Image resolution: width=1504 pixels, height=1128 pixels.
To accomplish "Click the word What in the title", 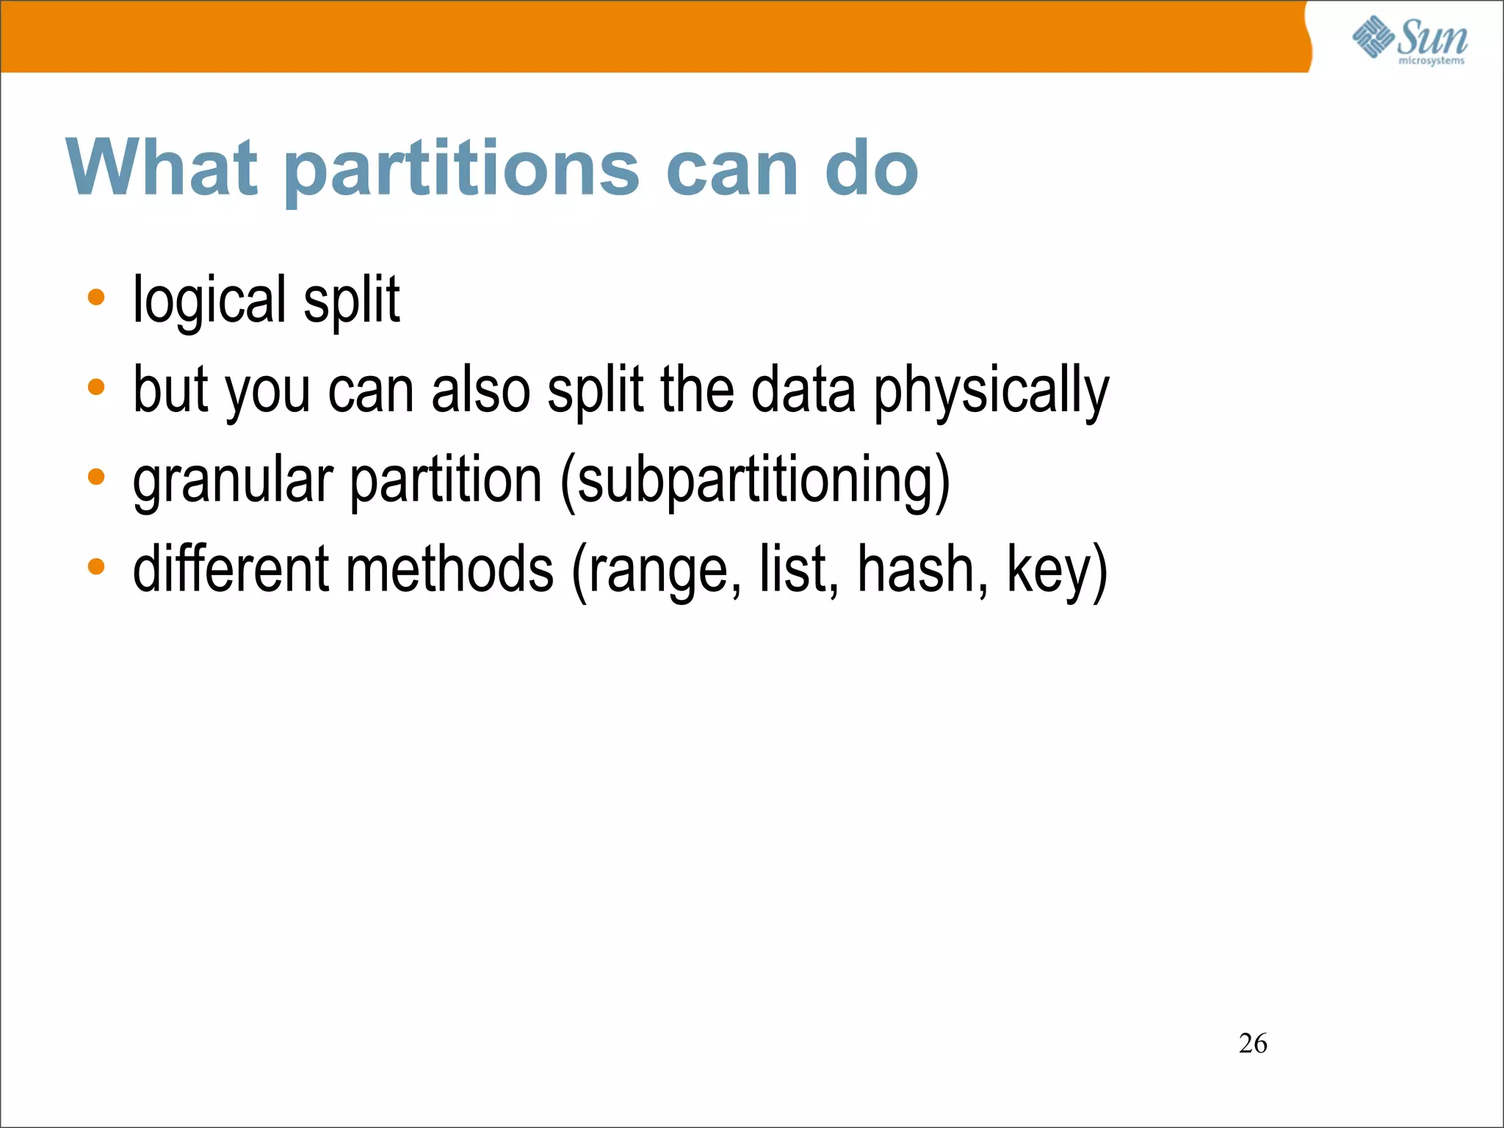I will tap(162, 168).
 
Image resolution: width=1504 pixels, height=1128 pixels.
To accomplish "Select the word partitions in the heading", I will tap(462, 170).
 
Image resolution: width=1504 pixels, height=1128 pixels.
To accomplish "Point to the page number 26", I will tap(1253, 1044).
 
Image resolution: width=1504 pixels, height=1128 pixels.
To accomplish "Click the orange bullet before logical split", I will tap(96, 298).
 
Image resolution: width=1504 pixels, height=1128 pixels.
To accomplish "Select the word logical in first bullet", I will tap(209, 300).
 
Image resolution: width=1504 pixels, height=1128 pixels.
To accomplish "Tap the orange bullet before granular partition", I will tap(96, 477).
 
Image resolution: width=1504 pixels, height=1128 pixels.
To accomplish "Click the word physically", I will tap(991, 391).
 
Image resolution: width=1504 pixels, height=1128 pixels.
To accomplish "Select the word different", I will tap(231, 569).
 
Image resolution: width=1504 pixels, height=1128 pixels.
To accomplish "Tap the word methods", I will tap(449, 569).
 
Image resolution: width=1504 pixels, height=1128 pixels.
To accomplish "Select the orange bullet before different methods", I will tap(96, 567).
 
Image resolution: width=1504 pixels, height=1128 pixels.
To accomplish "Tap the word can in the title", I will tap(732, 170).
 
